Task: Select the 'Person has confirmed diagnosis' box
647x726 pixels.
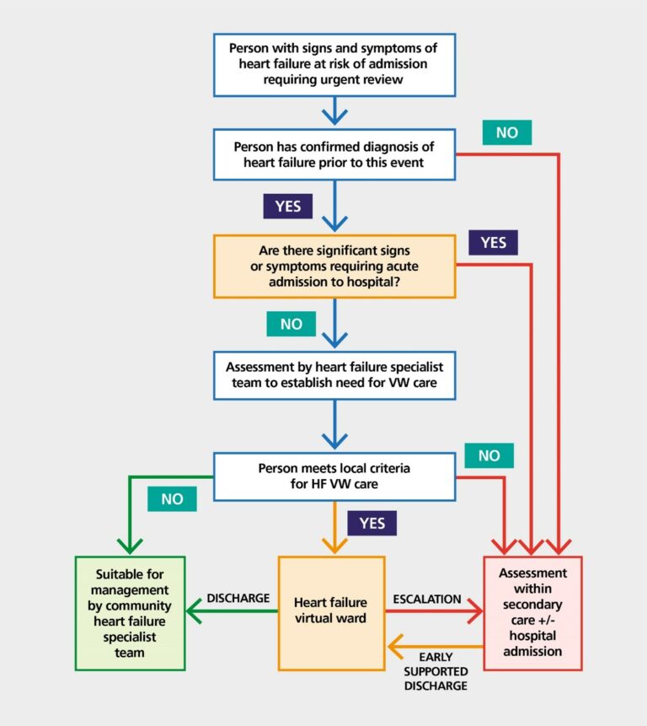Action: [x=334, y=154]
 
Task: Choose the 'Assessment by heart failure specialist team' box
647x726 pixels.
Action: [x=334, y=376]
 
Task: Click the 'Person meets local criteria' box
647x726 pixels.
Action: [x=334, y=476]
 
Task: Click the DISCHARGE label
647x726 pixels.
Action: [x=238, y=598]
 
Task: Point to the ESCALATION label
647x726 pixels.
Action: [x=427, y=599]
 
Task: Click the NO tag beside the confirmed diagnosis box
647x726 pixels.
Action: [x=506, y=132]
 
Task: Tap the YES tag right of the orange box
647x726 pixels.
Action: [x=494, y=243]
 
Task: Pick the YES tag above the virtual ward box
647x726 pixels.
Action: [x=372, y=523]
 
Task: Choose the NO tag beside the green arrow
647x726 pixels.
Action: [x=172, y=498]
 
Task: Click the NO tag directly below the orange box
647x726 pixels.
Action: [x=291, y=324]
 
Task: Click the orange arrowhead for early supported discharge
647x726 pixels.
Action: [x=394, y=648]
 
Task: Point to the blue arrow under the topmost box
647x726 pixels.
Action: [x=334, y=110]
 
